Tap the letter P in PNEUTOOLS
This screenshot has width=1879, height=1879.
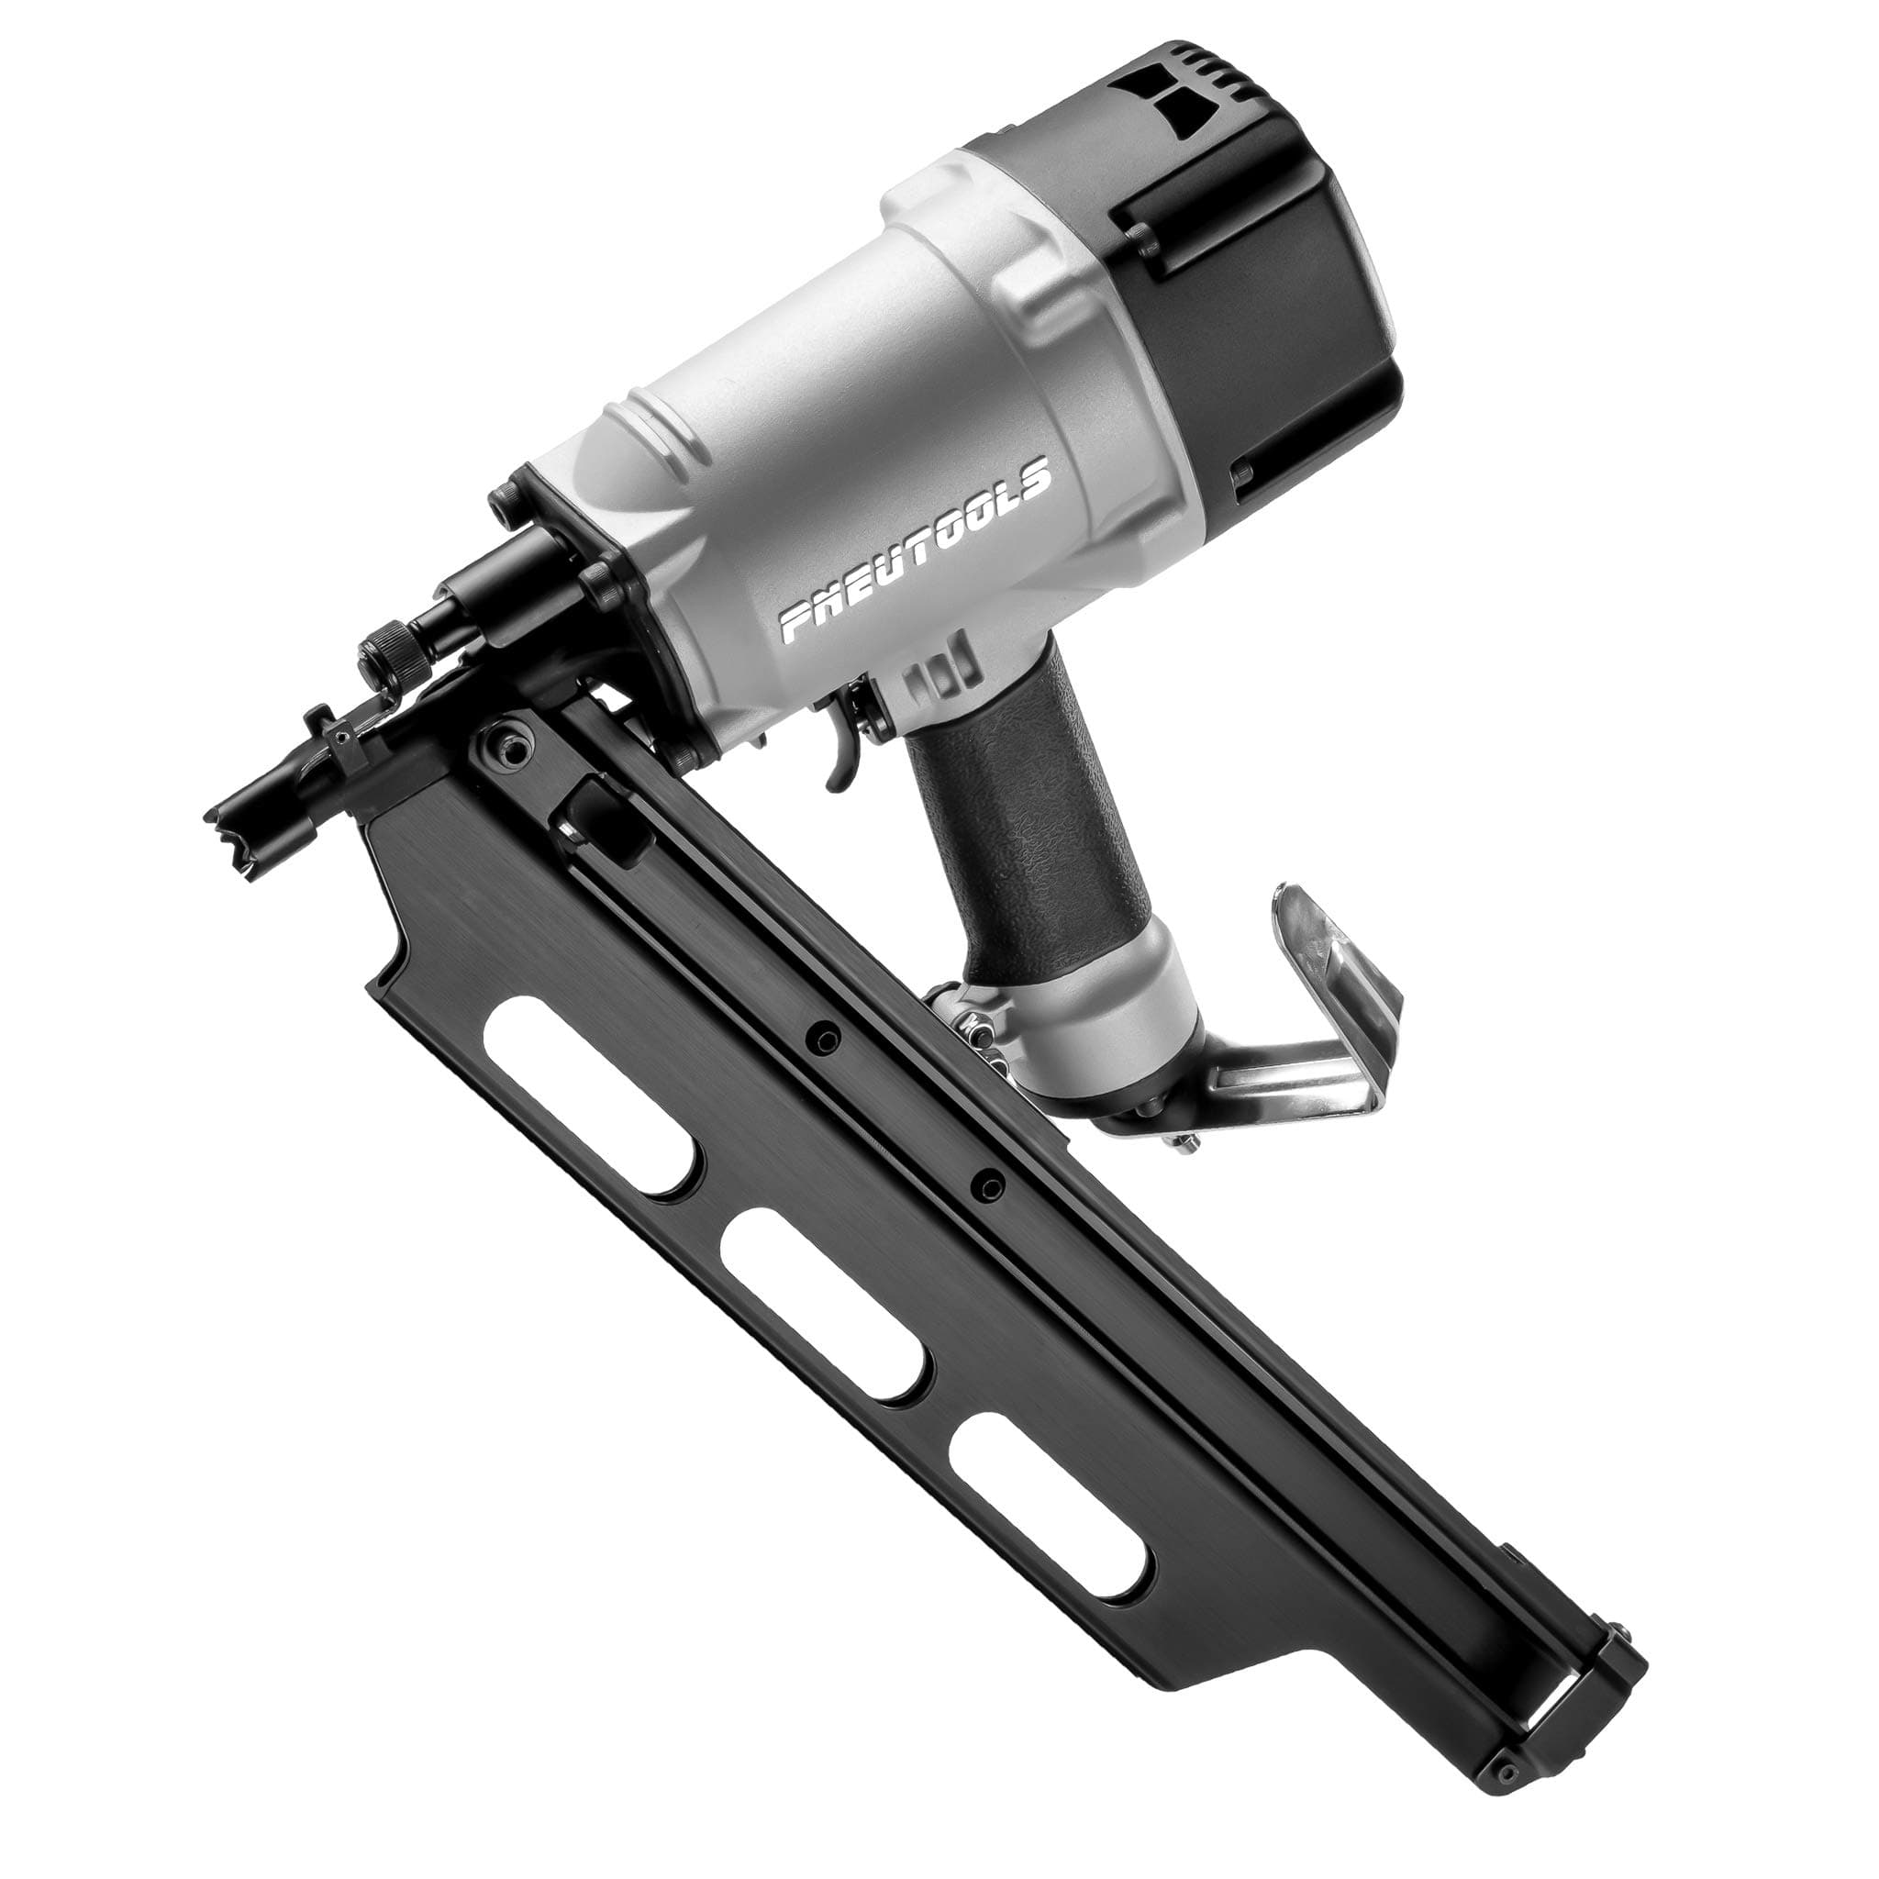[799, 622]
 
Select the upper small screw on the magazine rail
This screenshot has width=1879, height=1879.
[826, 1038]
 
